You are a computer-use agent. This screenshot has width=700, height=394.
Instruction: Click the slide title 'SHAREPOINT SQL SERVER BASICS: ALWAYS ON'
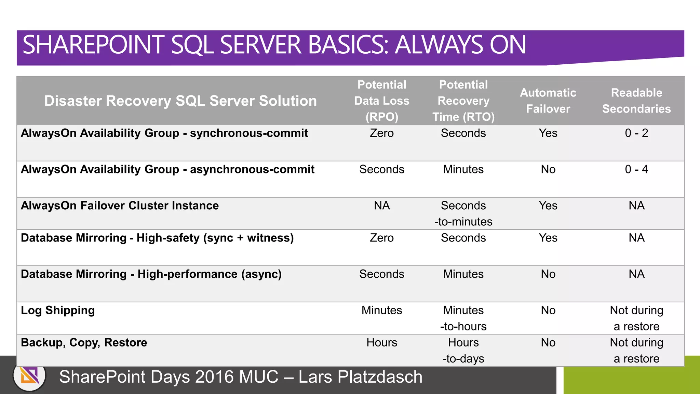coord(274,45)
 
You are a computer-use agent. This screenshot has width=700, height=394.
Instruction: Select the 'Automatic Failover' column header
coord(548,101)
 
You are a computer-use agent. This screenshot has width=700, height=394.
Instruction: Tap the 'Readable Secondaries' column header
coord(636,101)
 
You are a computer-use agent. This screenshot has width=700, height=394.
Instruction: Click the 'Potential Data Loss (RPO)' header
coord(381,101)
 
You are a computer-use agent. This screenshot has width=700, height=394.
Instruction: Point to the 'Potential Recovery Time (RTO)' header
coord(463,101)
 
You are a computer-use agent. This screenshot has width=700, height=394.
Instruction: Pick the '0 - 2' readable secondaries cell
coord(636,133)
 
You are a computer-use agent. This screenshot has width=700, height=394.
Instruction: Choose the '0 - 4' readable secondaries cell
coord(636,169)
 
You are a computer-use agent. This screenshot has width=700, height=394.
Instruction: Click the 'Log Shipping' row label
coord(58,310)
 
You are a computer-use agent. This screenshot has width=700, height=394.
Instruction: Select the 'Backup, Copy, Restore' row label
coord(84,342)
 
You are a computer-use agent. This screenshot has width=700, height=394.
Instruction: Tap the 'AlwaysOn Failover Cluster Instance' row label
coord(120,206)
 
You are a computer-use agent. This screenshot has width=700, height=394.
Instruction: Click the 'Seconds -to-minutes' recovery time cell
coord(463,213)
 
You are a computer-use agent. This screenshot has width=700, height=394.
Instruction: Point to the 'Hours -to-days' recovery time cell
coord(463,350)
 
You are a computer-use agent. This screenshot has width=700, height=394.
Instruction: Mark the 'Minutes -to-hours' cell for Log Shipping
coord(463,318)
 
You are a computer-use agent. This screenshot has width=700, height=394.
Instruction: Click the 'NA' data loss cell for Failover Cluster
coord(381,206)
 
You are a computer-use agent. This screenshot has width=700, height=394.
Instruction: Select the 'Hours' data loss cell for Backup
coord(381,342)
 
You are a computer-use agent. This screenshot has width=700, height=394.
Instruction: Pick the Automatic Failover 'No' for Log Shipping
coord(548,310)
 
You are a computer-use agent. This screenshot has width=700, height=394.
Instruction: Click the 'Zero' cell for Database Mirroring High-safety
coord(381,238)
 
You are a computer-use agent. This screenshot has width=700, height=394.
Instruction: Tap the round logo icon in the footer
coord(30,377)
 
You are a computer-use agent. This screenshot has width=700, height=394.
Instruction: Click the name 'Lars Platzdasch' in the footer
coord(360,377)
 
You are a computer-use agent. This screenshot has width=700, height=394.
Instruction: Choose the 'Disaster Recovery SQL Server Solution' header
coord(180,101)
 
